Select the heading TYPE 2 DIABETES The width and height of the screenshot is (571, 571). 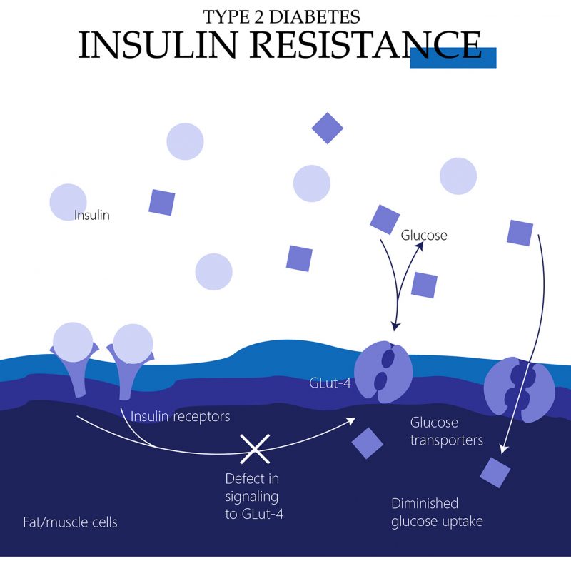coord(281,16)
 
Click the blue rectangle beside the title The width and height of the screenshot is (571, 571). coord(453,58)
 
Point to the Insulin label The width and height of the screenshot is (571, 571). coord(92,215)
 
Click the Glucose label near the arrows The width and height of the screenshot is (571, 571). coord(424,235)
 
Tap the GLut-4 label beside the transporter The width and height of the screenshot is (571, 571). coord(330,383)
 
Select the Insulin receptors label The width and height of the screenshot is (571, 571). coord(180,415)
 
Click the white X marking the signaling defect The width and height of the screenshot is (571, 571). coord(253,448)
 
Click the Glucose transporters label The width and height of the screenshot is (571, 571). coord(446,431)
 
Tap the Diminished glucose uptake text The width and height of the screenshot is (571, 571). coord(437,512)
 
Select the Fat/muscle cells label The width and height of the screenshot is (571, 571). coord(70,522)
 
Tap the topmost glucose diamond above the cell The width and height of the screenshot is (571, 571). coord(328,128)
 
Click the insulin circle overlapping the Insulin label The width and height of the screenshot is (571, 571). coord(69,202)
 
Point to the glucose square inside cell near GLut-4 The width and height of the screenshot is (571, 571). coord(368,443)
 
